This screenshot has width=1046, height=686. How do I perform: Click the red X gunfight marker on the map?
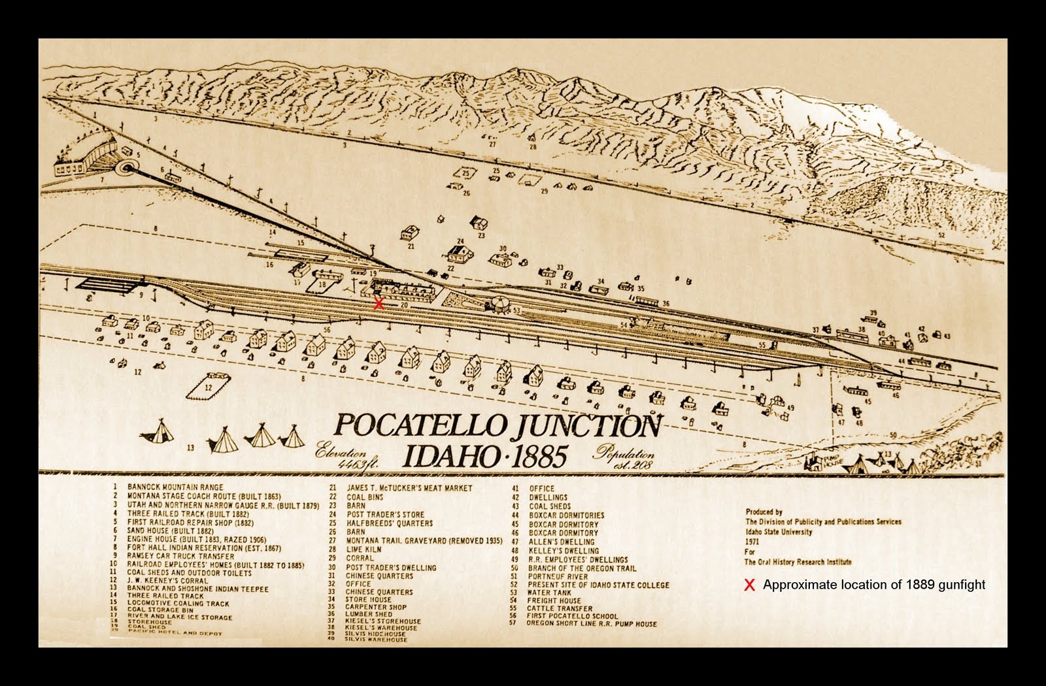pyautogui.click(x=378, y=303)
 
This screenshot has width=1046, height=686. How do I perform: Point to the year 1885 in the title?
pyautogui.click(x=526, y=457)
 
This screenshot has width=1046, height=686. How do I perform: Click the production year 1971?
pyautogui.click(x=752, y=542)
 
